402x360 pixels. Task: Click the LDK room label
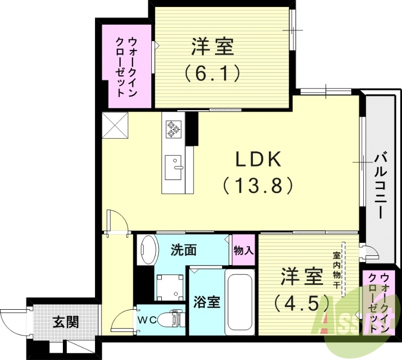[x=258, y=160]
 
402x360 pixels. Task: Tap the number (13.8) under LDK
[x=258, y=186]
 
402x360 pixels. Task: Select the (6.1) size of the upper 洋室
[x=211, y=73]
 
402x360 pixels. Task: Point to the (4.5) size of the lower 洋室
[x=301, y=302]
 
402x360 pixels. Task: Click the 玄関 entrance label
[x=65, y=321]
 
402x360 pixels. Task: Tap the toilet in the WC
[x=168, y=319]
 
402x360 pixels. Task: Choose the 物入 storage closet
[x=244, y=250]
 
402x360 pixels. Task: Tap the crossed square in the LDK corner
[x=116, y=125]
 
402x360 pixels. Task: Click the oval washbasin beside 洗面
[x=148, y=249]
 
